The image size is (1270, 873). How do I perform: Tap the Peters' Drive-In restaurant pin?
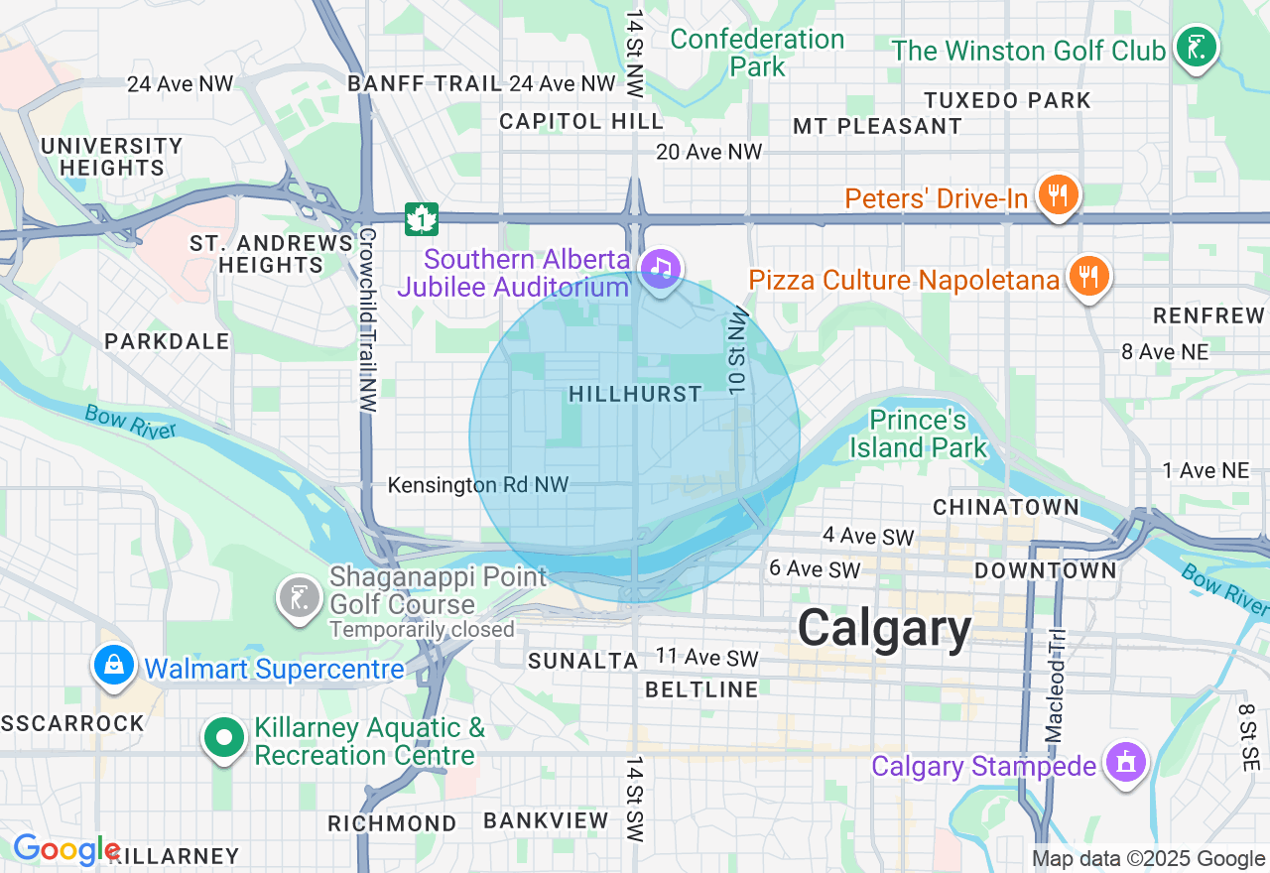point(1059,194)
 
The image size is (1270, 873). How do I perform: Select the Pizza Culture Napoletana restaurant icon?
point(1088,276)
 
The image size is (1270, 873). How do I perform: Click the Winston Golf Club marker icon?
point(1198,47)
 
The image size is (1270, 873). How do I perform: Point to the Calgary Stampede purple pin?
point(1124,763)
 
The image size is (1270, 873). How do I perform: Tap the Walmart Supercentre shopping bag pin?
point(114,665)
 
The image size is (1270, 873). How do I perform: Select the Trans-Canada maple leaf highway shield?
point(422,219)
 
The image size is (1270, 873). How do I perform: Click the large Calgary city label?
point(884,629)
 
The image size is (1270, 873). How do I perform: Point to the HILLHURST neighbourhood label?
point(635,395)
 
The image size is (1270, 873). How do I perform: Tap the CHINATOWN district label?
point(1006,507)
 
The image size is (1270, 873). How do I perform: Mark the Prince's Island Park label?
point(918,434)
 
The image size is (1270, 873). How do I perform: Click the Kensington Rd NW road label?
point(478,485)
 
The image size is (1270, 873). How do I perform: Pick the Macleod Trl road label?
point(1055,685)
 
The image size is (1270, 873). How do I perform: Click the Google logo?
point(65,850)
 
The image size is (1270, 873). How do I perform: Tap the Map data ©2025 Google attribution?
point(1148,859)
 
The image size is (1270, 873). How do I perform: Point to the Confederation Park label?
point(757,53)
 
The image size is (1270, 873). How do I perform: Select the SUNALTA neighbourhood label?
point(582,661)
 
